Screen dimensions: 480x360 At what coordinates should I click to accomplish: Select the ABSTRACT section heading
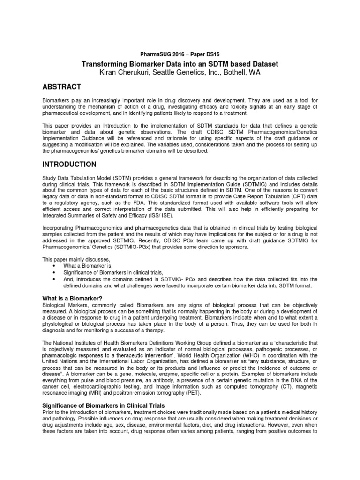pos(62,87)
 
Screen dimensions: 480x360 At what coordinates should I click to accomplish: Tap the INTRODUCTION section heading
pos(69,165)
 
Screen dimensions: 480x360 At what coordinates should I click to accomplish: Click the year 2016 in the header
pos(177,54)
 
